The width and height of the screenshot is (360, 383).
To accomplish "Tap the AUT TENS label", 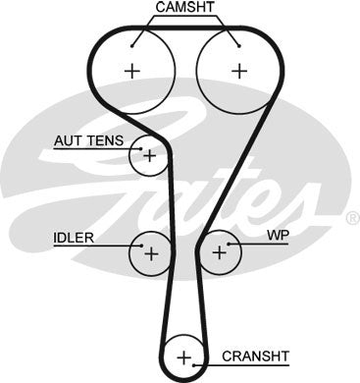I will pyautogui.click(x=89, y=140).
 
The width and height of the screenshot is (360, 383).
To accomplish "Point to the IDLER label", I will pyautogui.click(x=75, y=239).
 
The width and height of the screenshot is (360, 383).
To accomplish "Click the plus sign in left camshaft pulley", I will pyautogui.click(x=132, y=71).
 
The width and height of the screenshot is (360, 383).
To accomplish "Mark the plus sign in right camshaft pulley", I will pyautogui.click(x=237, y=71).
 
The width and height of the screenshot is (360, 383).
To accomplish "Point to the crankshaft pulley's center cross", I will pyautogui.click(x=183, y=356).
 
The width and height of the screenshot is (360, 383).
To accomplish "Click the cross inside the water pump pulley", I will pyautogui.click(x=219, y=253).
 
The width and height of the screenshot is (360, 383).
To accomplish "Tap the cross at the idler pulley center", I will pyautogui.click(x=151, y=253).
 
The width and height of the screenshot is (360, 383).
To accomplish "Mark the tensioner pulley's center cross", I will pyautogui.click(x=150, y=154).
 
